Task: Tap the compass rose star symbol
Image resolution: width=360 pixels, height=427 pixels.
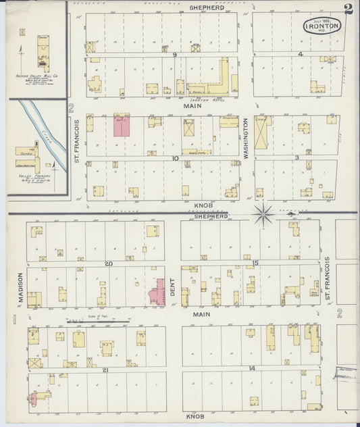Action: [263, 216]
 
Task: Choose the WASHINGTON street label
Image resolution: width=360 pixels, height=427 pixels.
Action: [246, 139]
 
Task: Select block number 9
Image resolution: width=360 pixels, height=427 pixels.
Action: [174, 54]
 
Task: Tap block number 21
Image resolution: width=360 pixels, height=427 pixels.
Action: [105, 370]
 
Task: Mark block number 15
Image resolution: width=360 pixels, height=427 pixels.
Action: [255, 262]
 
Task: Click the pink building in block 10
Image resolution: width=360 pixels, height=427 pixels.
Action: [122, 126]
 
